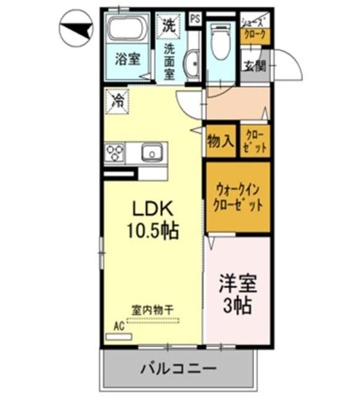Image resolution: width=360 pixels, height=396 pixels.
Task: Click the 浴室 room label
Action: (127, 60)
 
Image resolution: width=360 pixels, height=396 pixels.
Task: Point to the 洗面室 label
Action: (169, 61)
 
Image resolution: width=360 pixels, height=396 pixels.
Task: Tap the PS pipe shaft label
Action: (195, 19)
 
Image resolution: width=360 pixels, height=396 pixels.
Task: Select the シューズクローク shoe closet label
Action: (255, 28)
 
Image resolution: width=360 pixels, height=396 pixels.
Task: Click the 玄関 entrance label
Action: (254, 66)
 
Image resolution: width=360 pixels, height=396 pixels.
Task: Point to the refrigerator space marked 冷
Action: (116, 103)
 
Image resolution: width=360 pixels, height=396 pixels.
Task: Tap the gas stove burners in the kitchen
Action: (115, 152)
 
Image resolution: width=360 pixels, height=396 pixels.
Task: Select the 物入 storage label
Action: (220, 142)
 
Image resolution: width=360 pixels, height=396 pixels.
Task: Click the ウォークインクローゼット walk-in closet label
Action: (238, 197)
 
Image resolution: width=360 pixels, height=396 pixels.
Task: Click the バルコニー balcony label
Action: (178, 369)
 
